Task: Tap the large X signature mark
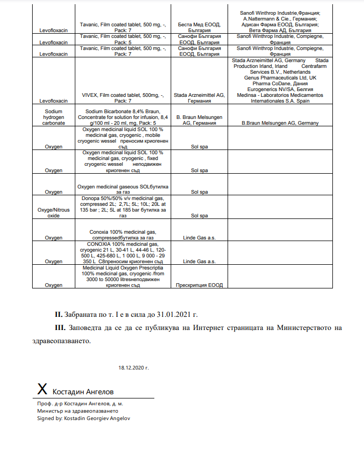[x=43, y=389]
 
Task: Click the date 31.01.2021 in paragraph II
[x=174, y=315]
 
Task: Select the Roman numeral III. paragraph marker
[x=62, y=328]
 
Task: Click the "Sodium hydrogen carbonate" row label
[x=54, y=115]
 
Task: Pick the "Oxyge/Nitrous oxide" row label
[x=54, y=213]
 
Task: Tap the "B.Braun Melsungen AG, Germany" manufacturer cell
[x=280, y=123]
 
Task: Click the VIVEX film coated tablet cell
[x=123, y=97]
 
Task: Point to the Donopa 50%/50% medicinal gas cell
[x=123, y=207]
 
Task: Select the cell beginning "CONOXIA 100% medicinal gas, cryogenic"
[x=123, y=253]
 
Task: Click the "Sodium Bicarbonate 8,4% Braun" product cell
[x=123, y=115]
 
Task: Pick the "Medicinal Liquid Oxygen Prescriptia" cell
[x=123, y=276]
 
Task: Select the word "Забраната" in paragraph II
[x=83, y=315]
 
